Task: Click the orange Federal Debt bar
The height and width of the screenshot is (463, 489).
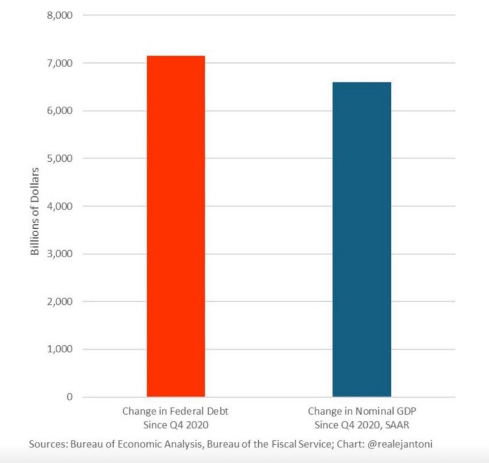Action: click(176, 226)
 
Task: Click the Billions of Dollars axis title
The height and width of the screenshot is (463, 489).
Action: click(35, 211)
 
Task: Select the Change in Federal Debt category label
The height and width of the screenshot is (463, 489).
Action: click(176, 411)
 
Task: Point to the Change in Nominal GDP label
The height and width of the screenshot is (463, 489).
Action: click(362, 411)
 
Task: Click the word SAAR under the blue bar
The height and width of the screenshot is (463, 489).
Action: click(397, 425)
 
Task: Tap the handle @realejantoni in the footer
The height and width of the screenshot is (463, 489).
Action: click(400, 444)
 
